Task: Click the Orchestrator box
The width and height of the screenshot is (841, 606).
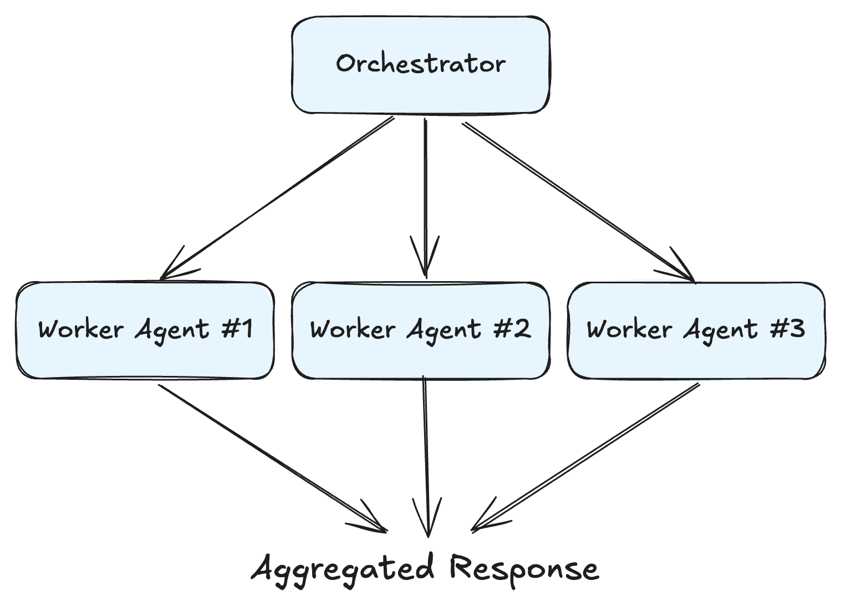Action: coord(420,65)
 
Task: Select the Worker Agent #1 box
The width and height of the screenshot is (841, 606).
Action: coord(145,330)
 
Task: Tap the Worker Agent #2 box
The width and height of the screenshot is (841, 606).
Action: coord(420,330)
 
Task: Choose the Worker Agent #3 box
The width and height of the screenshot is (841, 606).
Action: coord(696,330)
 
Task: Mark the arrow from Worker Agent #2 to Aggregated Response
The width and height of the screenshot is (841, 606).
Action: coord(426,455)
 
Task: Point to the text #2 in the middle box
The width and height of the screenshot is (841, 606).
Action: coord(512,329)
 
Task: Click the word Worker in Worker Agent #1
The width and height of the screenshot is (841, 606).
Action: coord(80,329)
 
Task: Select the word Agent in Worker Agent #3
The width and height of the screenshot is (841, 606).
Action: coord(720,330)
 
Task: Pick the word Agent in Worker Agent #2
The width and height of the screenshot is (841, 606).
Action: coord(444,330)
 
